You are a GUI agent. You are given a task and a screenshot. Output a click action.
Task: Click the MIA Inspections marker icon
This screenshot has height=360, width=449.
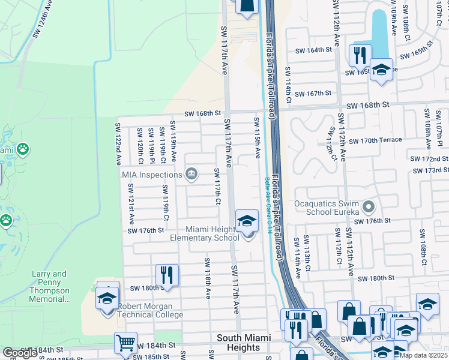(x=191, y=175)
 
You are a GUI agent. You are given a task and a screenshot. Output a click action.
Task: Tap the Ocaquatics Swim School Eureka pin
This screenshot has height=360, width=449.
(x=369, y=207)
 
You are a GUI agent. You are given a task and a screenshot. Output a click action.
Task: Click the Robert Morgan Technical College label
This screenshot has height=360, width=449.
(x=150, y=310)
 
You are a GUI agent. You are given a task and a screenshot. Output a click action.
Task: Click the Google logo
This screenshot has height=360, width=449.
(x=20, y=353)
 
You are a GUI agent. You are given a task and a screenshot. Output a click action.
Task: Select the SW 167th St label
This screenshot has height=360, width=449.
(x=319, y=93)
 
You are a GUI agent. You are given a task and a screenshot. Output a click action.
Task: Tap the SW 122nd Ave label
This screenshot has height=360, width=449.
(x=118, y=145)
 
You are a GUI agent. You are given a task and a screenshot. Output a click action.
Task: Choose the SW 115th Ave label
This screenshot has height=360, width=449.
(x=257, y=139)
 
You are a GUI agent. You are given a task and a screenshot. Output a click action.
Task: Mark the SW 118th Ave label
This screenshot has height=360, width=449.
(x=208, y=279)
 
